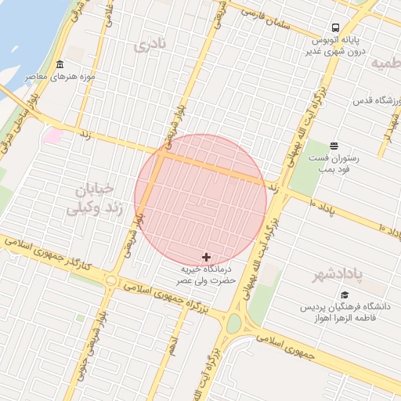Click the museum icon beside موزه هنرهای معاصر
tap(60, 64)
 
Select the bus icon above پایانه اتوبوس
tap(335, 26)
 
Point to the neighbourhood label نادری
tap(150, 45)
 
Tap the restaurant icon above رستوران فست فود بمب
tap(334, 146)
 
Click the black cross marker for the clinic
tap(207, 257)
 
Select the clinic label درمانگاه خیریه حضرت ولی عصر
tap(205, 274)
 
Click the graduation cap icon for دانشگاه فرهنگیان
tap(345, 294)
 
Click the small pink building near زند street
tap(52, 136)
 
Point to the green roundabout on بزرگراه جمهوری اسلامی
tap(234, 323)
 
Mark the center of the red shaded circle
tap(200, 200)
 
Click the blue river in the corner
tap(20, 31)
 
